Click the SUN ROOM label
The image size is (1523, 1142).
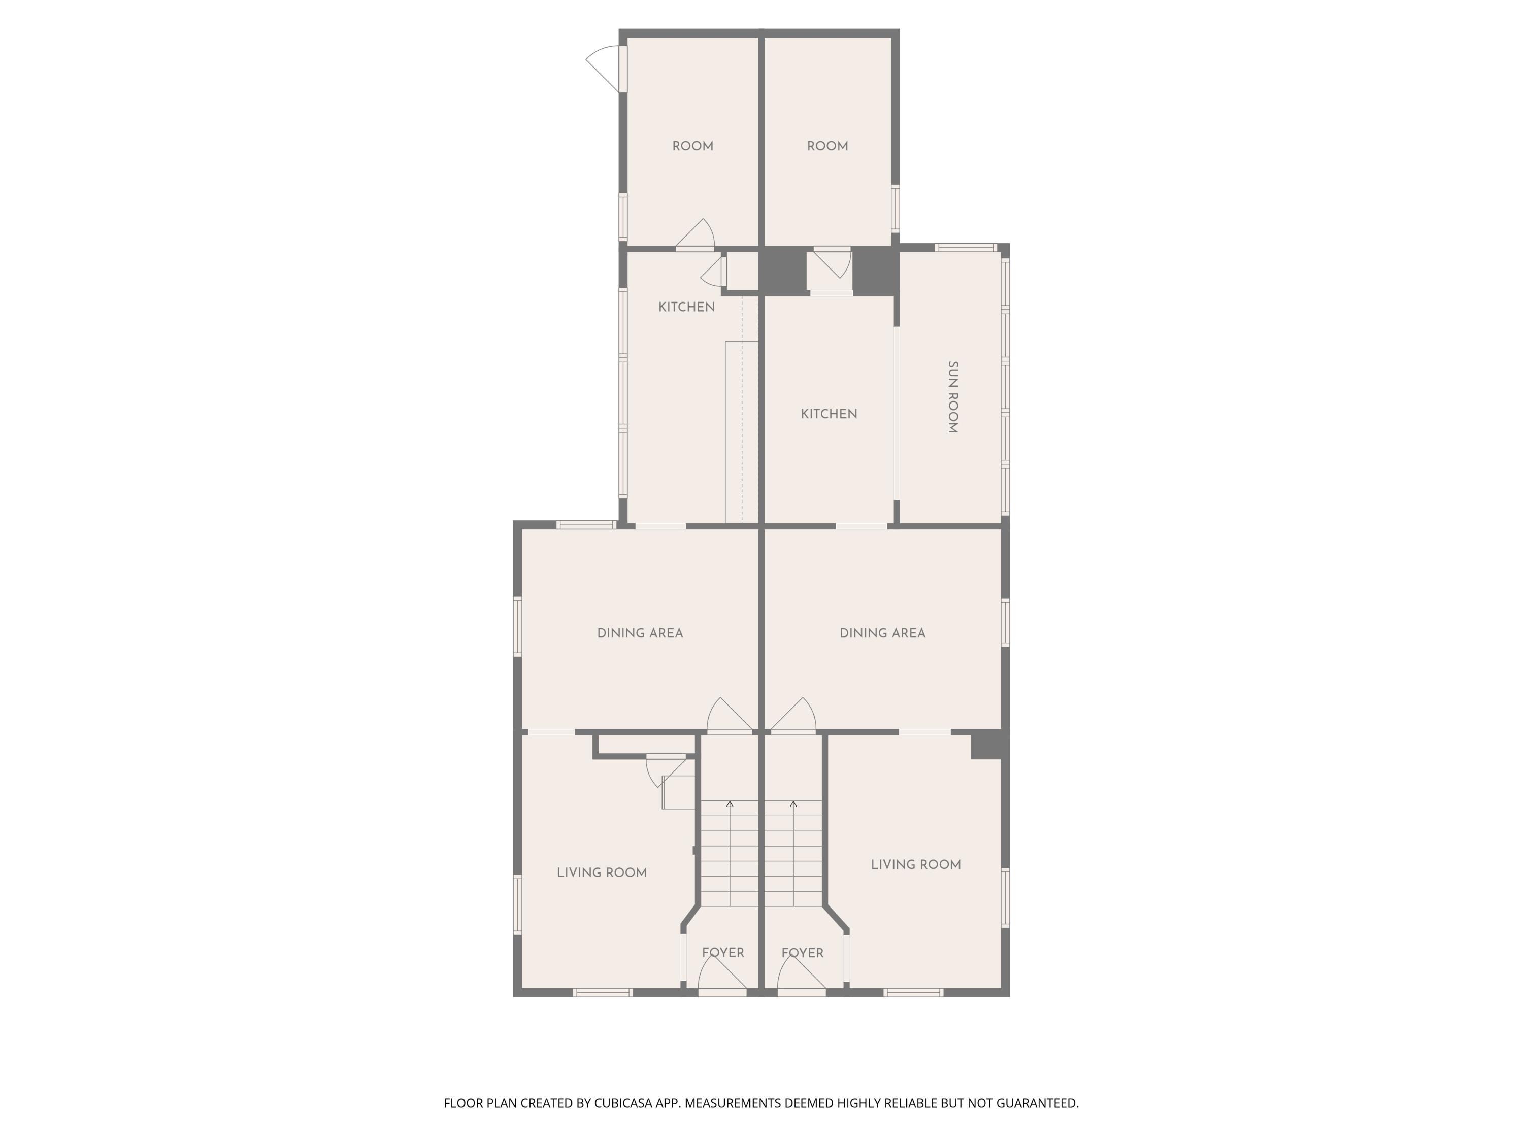pos(953,397)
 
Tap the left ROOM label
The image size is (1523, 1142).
pos(692,146)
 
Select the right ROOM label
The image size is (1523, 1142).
pos(827,146)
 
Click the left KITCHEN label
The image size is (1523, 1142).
pos(686,307)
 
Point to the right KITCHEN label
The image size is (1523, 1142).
pos(829,414)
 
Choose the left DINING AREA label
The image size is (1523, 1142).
pos(640,633)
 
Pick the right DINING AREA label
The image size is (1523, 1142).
pos(883,633)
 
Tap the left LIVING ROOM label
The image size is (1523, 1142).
pos(602,873)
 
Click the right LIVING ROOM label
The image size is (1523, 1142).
pos(916,864)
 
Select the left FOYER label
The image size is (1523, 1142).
pos(723,953)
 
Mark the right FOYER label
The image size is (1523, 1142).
pos(802,953)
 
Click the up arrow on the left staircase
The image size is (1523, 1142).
pos(730,854)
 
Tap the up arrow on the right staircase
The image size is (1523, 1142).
pos(793,854)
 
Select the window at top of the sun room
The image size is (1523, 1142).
pos(966,247)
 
